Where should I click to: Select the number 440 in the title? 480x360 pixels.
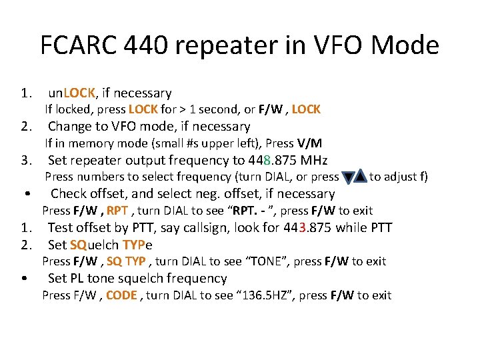tap(163, 45)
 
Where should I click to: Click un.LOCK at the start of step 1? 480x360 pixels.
tap(73, 93)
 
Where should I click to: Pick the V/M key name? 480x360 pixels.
tap(309, 143)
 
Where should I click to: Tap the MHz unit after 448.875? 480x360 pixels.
tap(313, 160)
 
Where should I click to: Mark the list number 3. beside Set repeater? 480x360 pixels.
tap(27, 160)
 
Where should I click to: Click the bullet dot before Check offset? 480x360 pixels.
tap(24, 195)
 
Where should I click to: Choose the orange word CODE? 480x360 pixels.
tap(121, 295)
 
